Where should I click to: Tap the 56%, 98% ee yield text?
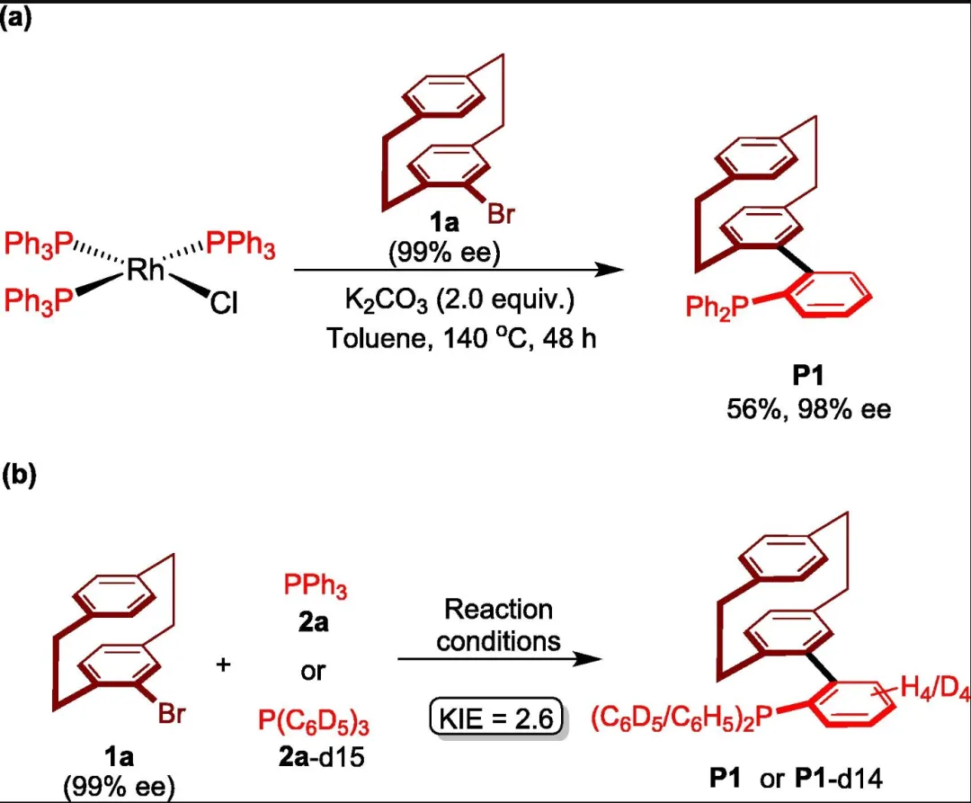click(x=809, y=410)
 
